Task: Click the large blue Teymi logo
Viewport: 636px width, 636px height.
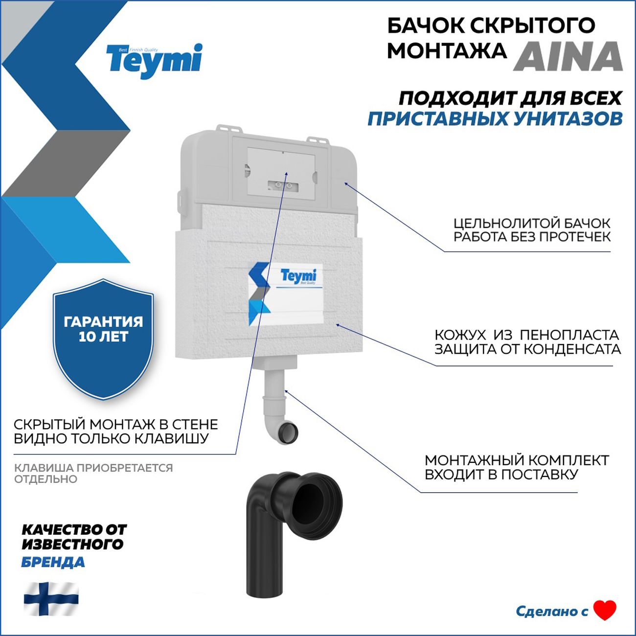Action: (154, 60)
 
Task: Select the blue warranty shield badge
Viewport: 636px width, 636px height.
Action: (103, 338)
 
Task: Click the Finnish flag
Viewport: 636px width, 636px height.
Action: (51, 598)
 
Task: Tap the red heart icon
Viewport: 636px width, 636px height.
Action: (605, 610)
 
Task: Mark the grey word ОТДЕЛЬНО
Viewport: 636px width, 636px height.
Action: (45, 479)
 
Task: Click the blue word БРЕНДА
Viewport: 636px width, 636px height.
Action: (53, 562)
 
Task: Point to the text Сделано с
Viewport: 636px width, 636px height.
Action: (551, 611)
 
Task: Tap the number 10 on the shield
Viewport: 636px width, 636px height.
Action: (87, 337)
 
